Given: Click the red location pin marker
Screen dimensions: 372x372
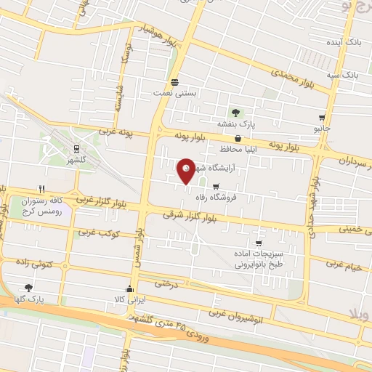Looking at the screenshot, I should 187,171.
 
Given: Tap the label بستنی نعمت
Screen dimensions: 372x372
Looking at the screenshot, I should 173,93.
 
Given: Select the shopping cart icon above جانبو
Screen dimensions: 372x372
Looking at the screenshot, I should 322,117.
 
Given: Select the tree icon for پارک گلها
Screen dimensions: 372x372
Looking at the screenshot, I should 28,288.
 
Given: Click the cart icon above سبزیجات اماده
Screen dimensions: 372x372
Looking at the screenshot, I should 258,243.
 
